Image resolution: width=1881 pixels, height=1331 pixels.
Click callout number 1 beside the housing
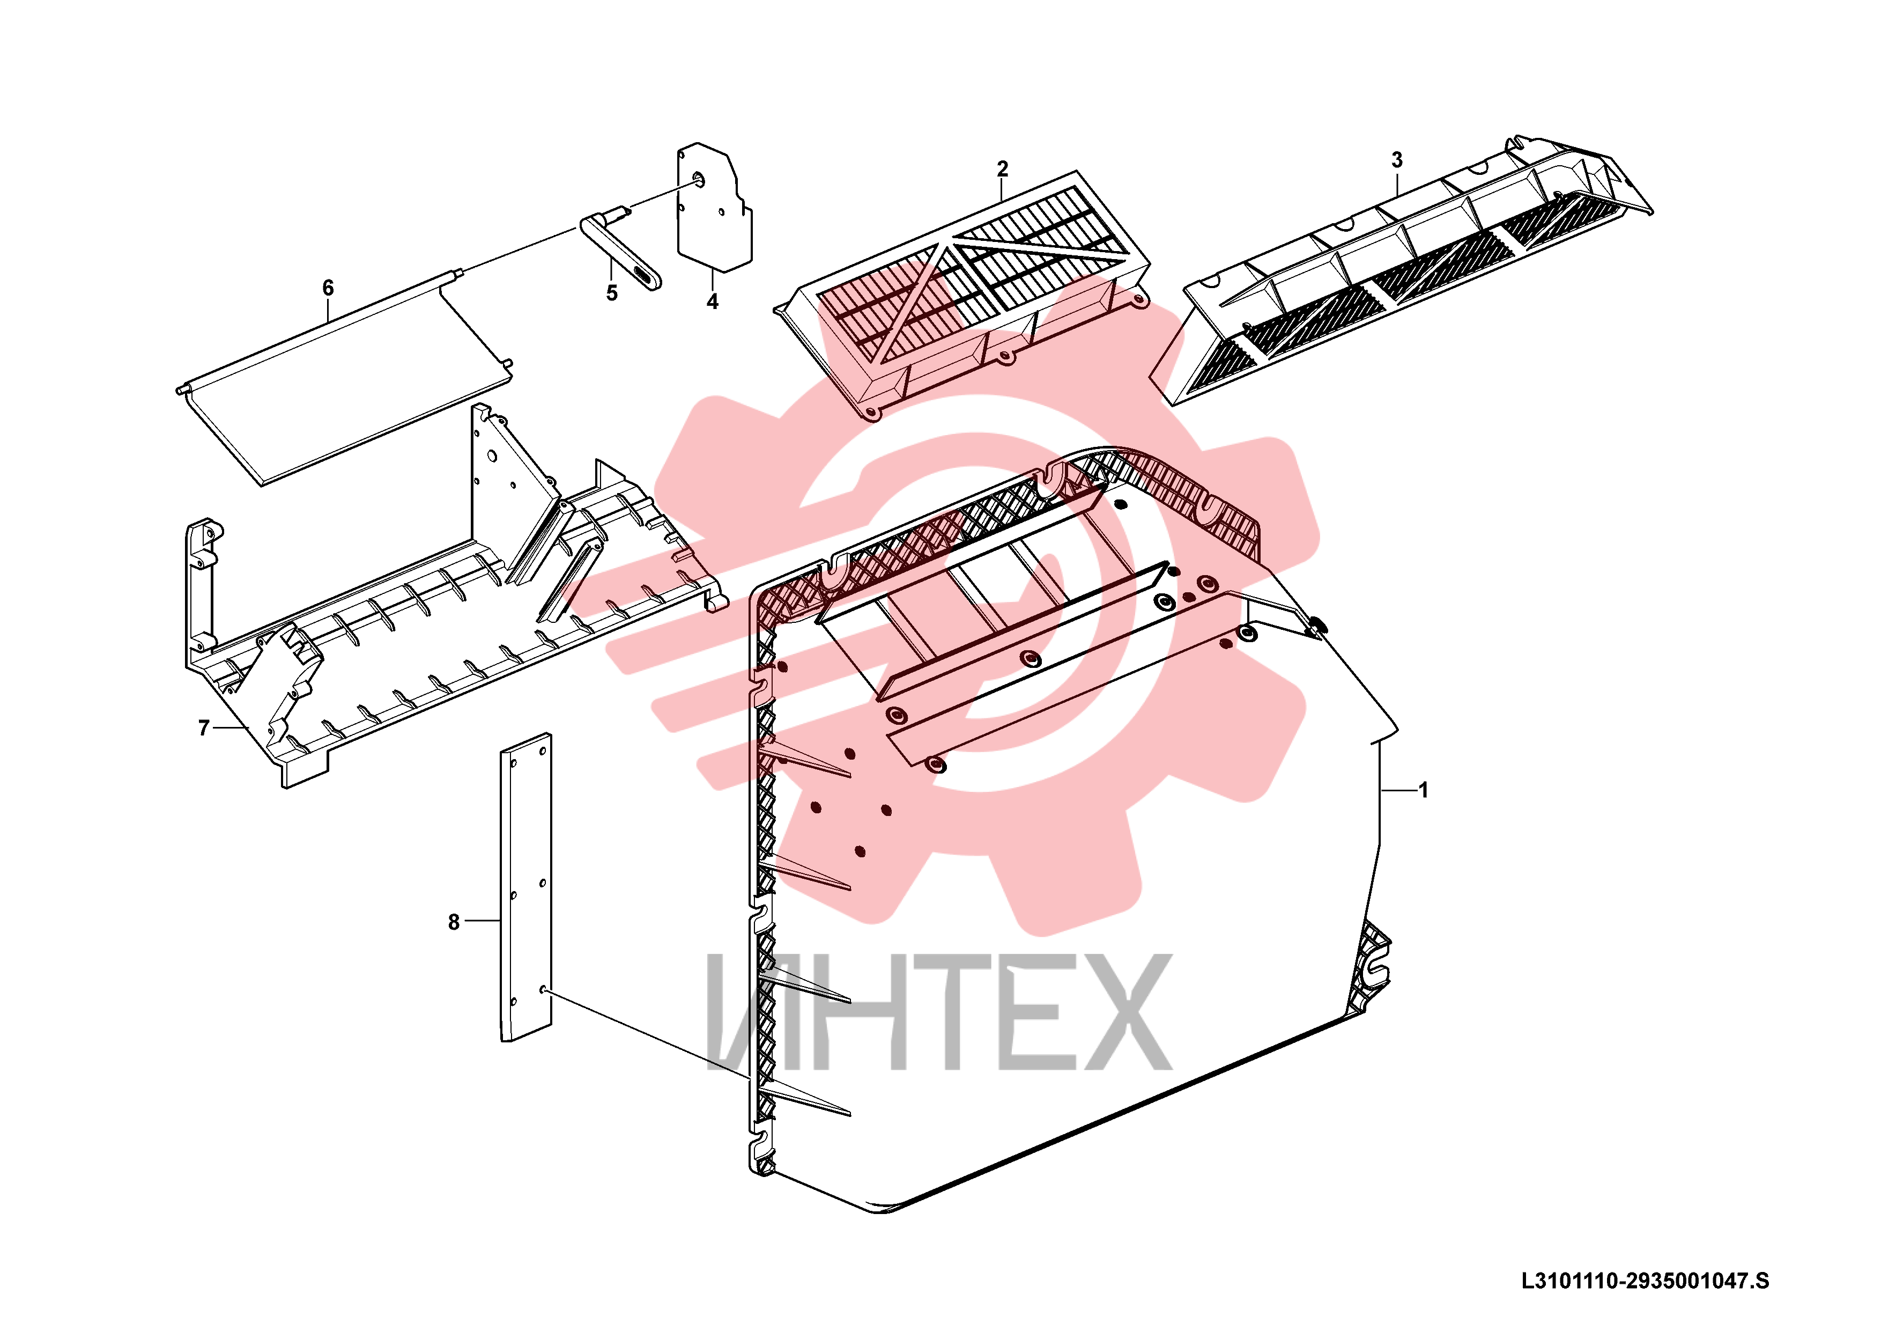(1424, 790)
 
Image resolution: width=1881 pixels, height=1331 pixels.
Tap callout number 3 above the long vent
(1397, 160)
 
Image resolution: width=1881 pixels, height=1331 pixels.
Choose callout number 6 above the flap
(328, 288)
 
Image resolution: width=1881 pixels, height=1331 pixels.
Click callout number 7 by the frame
(204, 728)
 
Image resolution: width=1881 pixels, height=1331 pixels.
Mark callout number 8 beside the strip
(454, 922)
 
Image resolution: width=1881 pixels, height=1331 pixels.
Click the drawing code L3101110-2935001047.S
(1645, 1281)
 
